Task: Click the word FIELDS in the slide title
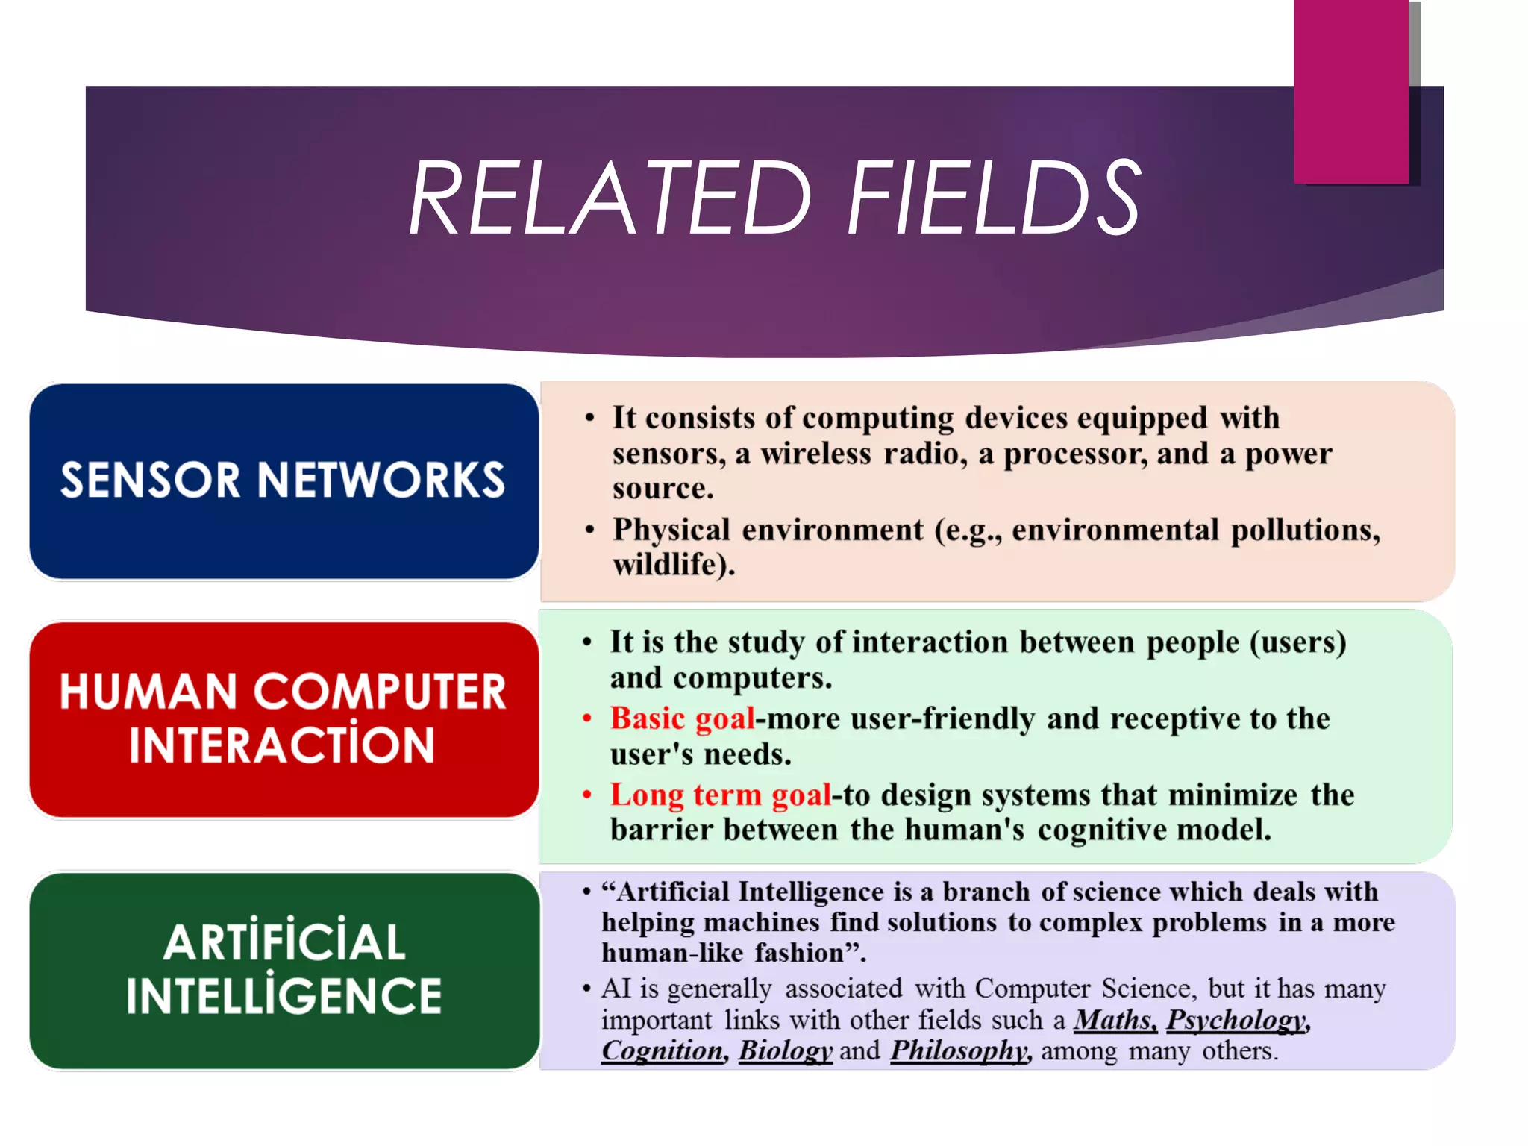pyautogui.click(x=993, y=198)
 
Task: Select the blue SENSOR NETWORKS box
pyautogui.click(x=284, y=481)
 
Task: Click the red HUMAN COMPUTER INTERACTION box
pyautogui.click(x=284, y=719)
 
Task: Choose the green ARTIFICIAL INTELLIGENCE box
pyautogui.click(x=284, y=970)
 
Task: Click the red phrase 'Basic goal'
pyautogui.click(x=682, y=718)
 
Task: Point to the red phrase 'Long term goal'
pyautogui.click(x=720, y=795)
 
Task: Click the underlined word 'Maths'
pyautogui.click(x=1115, y=1020)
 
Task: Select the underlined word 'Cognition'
pyautogui.click(x=663, y=1051)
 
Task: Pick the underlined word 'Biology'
pyautogui.click(x=785, y=1051)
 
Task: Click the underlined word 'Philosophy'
pyautogui.click(x=959, y=1051)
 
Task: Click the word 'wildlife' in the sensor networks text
pyautogui.click(x=668, y=565)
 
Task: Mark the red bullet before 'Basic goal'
pyautogui.click(x=587, y=719)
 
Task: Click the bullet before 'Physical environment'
pyautogui.click(x=590, y=530)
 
